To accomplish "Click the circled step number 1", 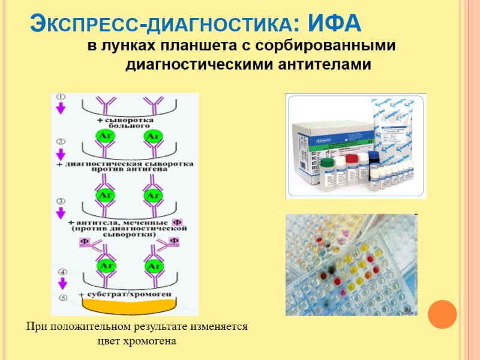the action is [61, 97].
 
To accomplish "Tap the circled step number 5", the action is [61, 297].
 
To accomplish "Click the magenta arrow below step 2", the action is [61, 154].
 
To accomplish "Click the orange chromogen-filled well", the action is [127, 305].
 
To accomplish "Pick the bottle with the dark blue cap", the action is [375, 165].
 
